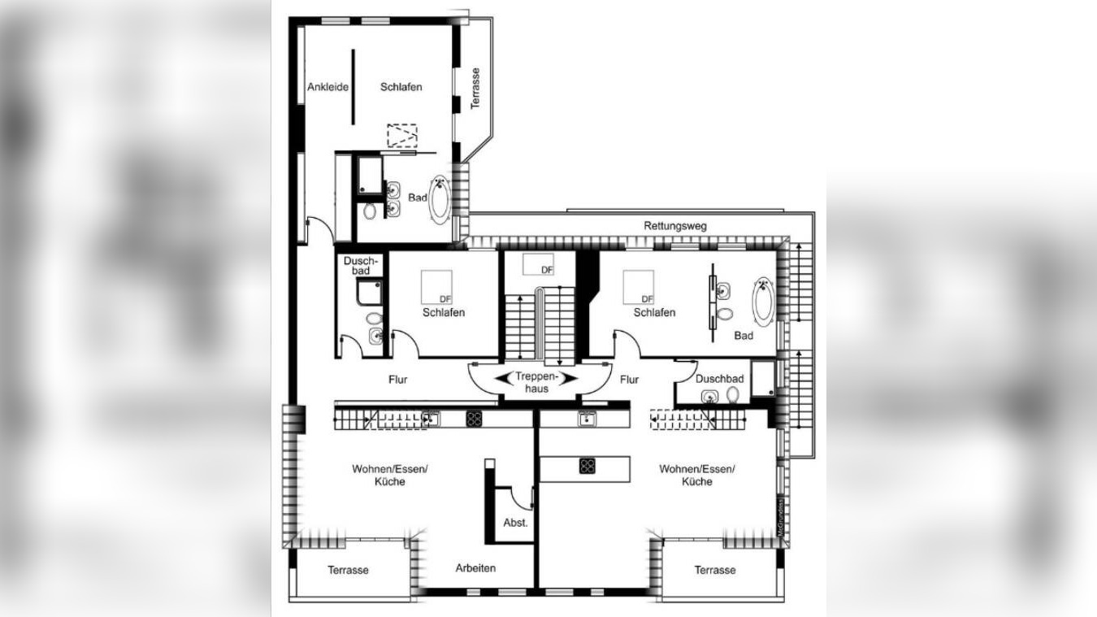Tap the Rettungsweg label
pos(670,226)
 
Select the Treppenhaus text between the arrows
pos(536,382)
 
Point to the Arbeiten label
pos(475,568)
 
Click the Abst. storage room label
pos(515,523)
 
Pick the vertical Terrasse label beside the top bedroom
pos(475,88)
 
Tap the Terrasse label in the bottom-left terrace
pos(348,570)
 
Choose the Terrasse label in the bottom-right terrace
pos(715,570)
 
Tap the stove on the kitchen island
pos(587,466)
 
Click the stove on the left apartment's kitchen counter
pos(475,419)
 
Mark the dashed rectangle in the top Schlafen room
pos(401,135)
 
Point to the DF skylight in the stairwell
pos(538,264)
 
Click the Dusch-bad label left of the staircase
pos(357,266)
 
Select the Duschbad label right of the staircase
pos(719,379)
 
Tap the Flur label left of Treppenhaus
pos(397,380)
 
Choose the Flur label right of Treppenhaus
pos(629,380)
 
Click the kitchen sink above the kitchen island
pos(585,419)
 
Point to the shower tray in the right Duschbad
pos(762,379)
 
